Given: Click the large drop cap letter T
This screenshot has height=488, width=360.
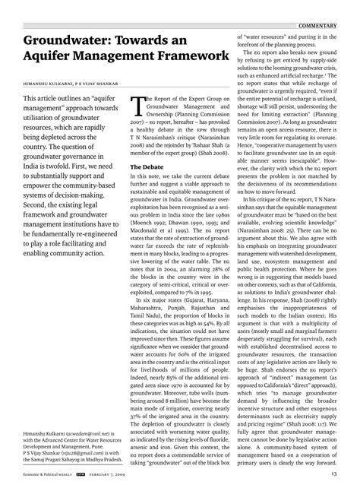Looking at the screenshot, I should (137, 106).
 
